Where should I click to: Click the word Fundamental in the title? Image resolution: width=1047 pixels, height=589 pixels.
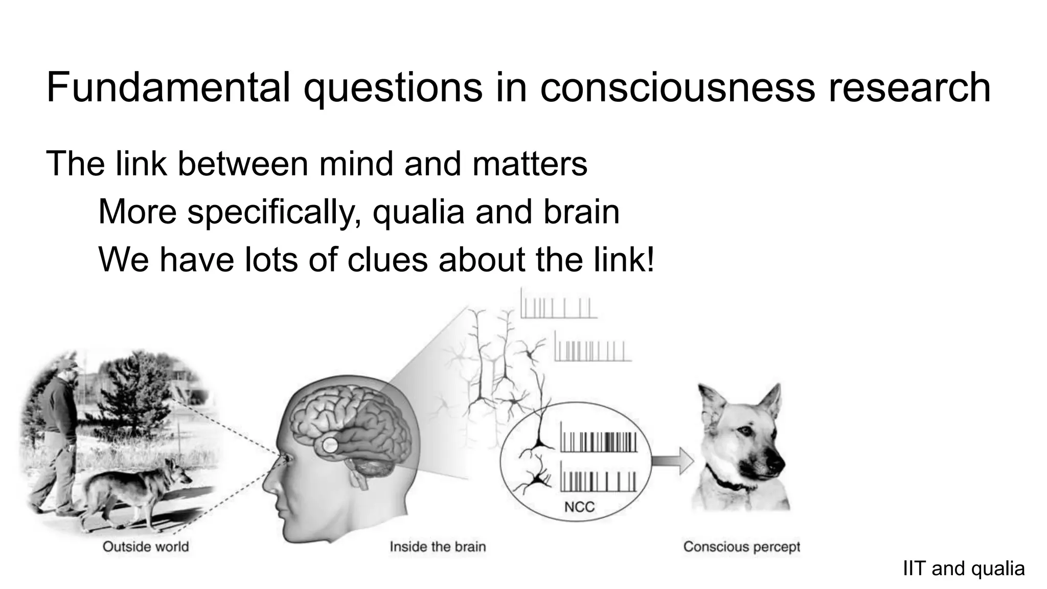click(168, 87)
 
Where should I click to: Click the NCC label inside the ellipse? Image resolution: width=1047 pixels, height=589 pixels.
click(579, 507)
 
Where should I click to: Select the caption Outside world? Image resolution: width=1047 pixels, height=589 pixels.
click(146, 547)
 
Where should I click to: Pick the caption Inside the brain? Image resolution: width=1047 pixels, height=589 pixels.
click(438, 547)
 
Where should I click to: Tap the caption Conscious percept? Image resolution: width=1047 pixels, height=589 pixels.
click(741, 547)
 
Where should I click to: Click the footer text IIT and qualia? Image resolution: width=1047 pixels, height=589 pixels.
click(964, 569)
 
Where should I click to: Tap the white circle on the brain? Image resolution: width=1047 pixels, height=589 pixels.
click(330, 445)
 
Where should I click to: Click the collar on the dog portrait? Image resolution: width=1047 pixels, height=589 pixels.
click(726, 483)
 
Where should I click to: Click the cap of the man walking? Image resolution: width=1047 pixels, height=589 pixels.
click(68, 364)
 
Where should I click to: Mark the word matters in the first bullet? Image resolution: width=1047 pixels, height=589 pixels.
click(530, 164)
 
